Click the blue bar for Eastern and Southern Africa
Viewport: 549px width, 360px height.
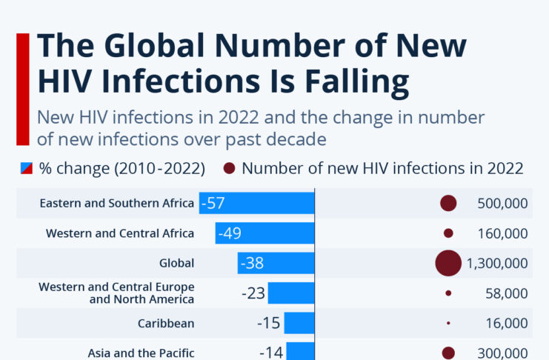click(x=256, y=203)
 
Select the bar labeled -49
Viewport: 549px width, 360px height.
click(x=265, y=233)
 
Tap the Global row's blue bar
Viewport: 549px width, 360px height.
click(x=276, y=263)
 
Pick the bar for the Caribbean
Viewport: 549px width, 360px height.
click(x=299, y=323)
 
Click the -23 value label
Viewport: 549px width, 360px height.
click(x=253, y=293)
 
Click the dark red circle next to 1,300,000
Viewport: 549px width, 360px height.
click(x=448, y=263)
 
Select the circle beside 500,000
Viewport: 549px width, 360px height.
click(x=448, y=203)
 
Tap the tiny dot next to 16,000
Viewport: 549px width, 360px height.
click(x=448, y=323)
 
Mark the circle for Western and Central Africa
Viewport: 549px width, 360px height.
click(x=448, y=233)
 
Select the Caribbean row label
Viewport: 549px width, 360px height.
click(x=166, y=323)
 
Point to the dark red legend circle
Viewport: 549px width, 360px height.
click(x=229, y=168)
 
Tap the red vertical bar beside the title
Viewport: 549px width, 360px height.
click(x=22, y=89)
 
